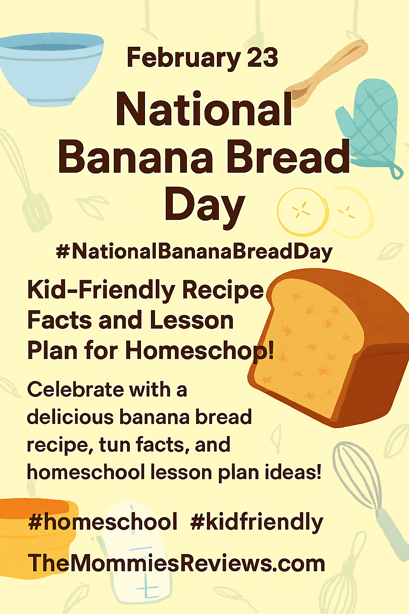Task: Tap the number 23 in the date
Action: pos(262,58)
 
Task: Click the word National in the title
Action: pos(204,109)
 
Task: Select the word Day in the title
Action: pos(204,206)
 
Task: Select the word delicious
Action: pos(70,417)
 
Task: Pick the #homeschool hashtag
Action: pos(103,522)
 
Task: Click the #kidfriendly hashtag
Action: pos(257,522)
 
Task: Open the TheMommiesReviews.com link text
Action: pos(176,564)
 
